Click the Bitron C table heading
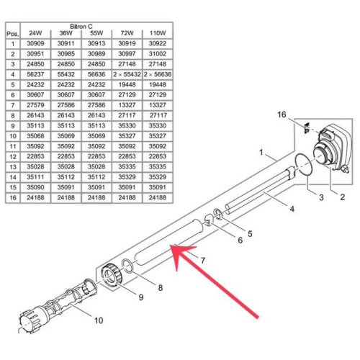pyautogui.click(x=81, y=27)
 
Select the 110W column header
pyautogui.click(x=158, y=33)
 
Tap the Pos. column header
pyautogui.click(x=13, y=34)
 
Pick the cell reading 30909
pyautogui.click(x=35, y=43)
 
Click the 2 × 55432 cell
pyautogui.click(x=127, y=74)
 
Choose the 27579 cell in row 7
pyautogui.click(x=35, y=105)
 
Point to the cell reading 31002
pyautogui.click(x=158, y=54)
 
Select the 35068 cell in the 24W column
pyautogui.click(x=35, y=136)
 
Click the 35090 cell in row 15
pyautogui.click(x=35, y=187)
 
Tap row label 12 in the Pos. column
pyautogui.click(x=13, y=157)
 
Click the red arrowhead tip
pyautogui.click(x=170, y=246)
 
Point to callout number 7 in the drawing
pyautogui.click(x=203, y=261)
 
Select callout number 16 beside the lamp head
pyautogui.click(x=282, y=114)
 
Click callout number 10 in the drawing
pyautogui.click(x=99, y=320)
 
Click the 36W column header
pyautogui.click(x=66, y=33)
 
